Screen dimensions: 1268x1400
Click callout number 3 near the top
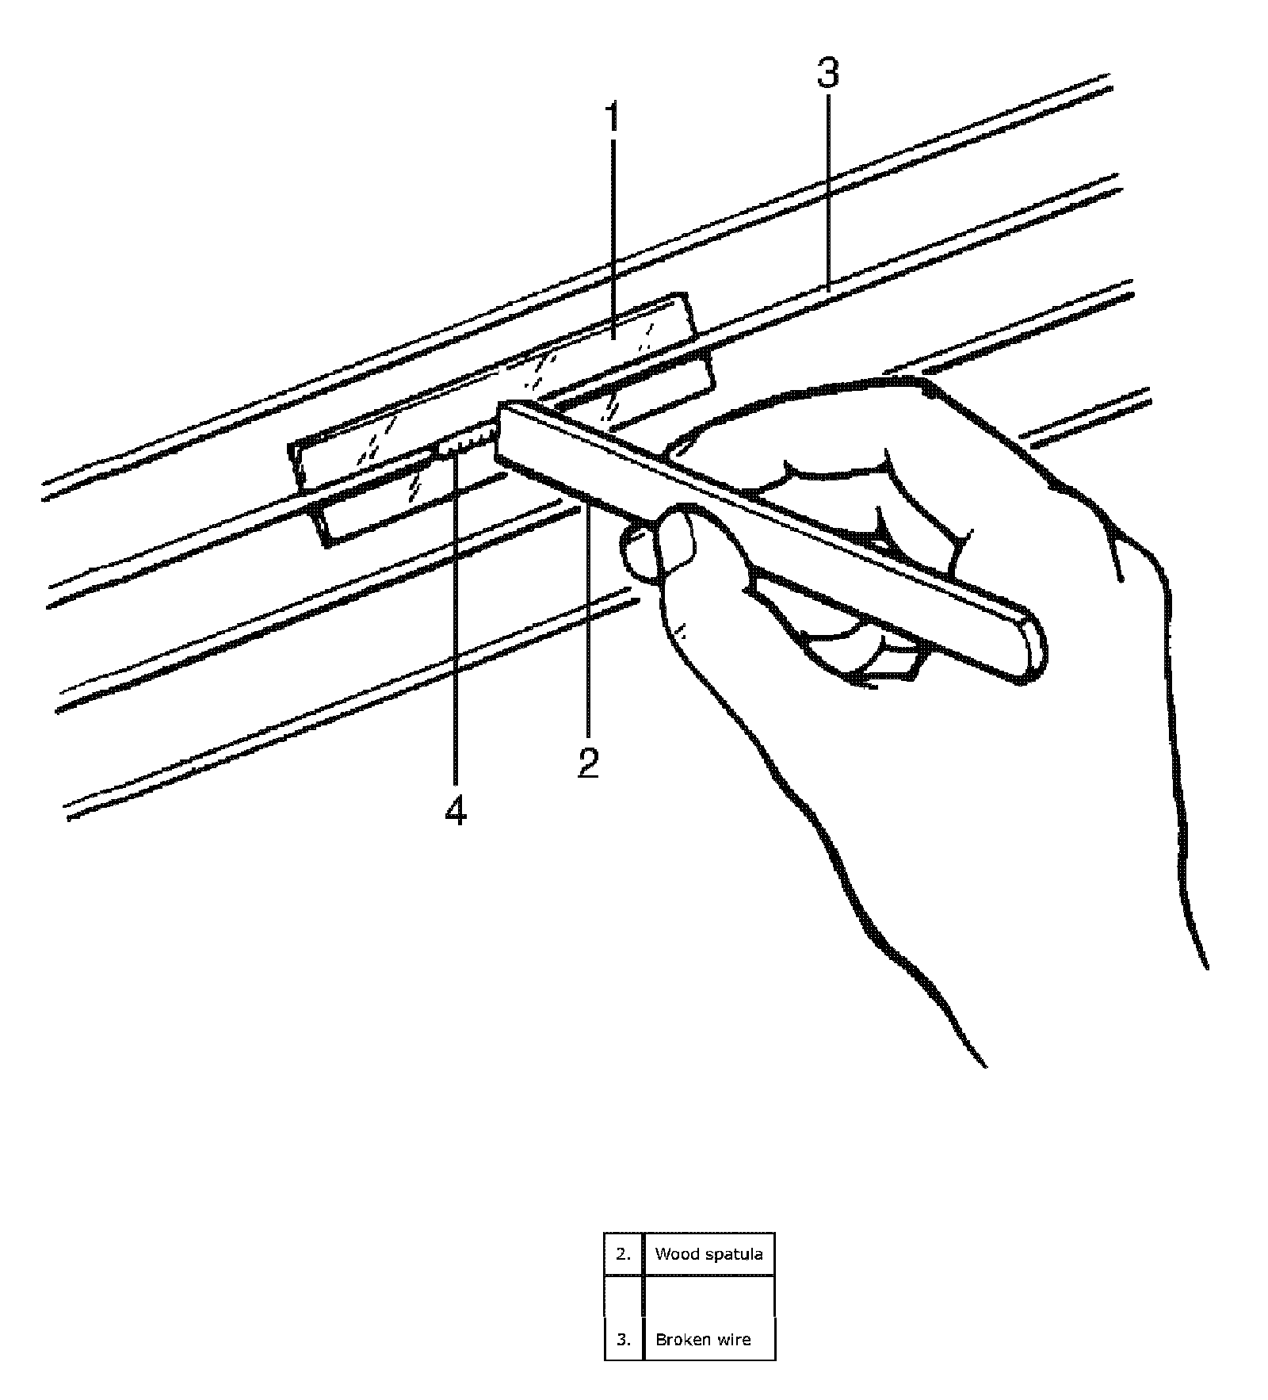pyautogui.click(x=827, y=74)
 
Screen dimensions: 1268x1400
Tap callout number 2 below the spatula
pyautogui.click(x=588, y=763)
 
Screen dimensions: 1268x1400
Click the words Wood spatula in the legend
pyautogui.click(x=708, y=1253)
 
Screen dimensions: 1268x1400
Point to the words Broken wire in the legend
pyautogui.click(x=703, y=1339)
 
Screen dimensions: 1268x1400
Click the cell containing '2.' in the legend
pyautogui.click(x=624, y=1253)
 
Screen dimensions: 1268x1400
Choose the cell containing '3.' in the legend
pyautogui.click(x=624, y=1339)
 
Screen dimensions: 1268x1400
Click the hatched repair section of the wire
pyautogui.click(x=468, y=445)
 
